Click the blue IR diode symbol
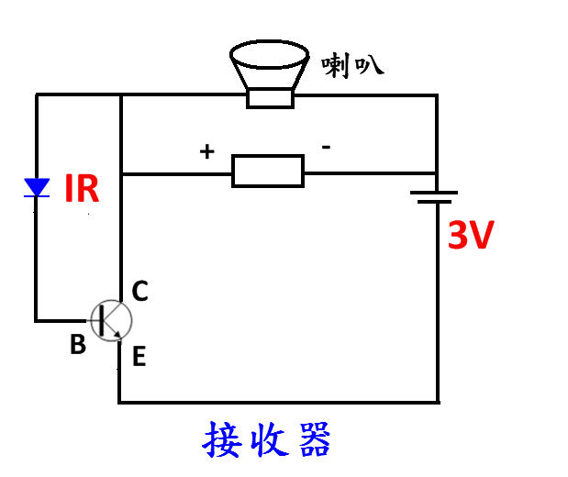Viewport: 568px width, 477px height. tap(37, 188)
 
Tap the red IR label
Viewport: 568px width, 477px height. tap(81, 190)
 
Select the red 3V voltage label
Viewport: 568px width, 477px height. tap(471, 238)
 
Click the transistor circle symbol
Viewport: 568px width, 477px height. tap(111, 320)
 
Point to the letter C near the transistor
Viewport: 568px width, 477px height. tap(139, 292)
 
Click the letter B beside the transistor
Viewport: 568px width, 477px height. tap(78, 346)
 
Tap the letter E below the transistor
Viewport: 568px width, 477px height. tap(139, 356)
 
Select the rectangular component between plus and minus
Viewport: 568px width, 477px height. tap(267, 172)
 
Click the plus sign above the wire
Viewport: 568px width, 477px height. tap(207, 151)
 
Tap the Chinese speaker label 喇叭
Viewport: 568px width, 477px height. tap(351, 64)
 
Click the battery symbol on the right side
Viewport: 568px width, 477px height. tap(435, 197)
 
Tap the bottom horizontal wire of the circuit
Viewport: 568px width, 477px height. tap(275, 402)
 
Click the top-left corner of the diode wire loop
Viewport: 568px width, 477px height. tap(37, 94)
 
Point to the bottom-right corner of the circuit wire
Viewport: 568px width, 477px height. tap(437, 402)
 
